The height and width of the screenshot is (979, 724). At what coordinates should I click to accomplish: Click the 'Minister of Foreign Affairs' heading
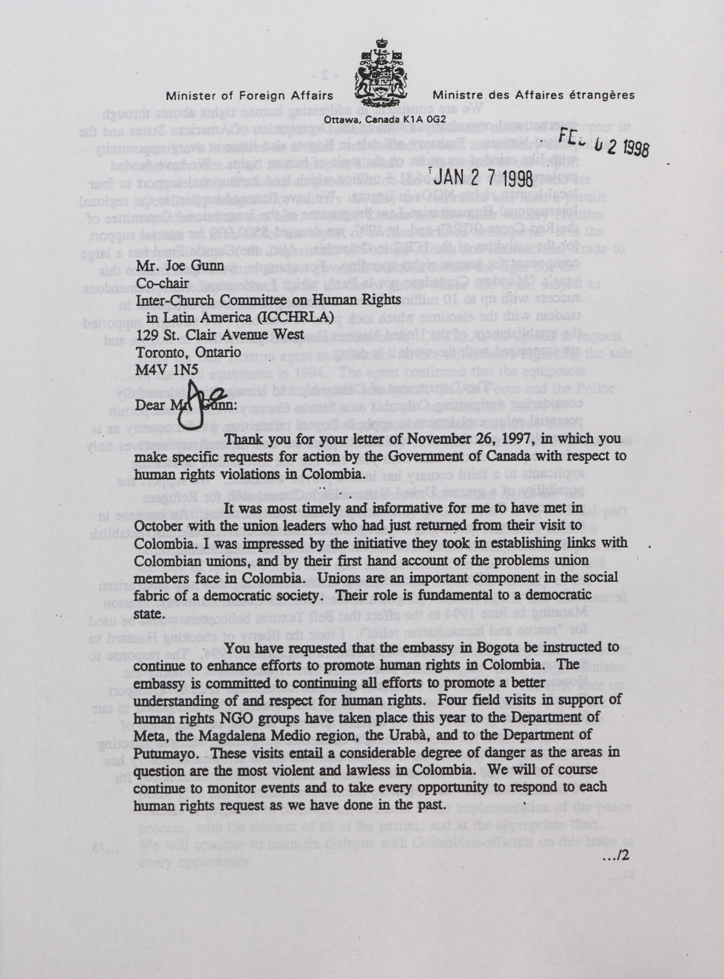[250, 95]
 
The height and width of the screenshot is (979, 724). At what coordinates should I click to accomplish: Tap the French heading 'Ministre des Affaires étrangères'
[533, 95]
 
